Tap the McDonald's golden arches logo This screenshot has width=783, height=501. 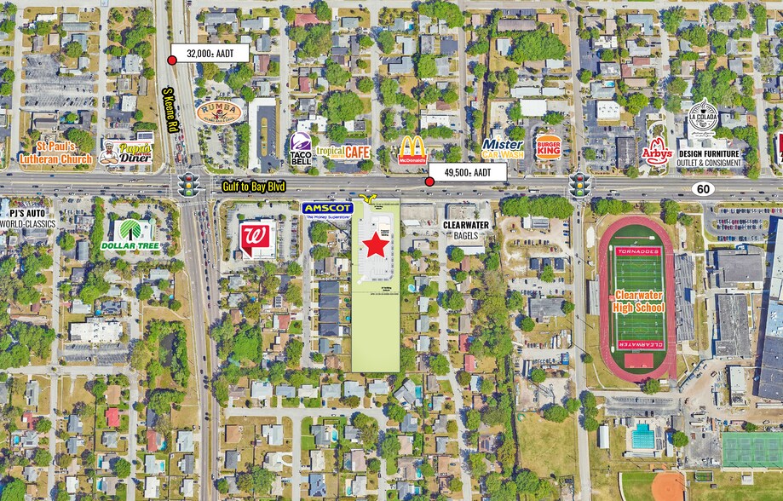tap(413, 149)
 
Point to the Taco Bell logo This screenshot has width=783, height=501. tap(301, 149)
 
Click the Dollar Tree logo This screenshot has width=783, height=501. tap(130, 234)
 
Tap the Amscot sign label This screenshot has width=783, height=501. tap(327, 209)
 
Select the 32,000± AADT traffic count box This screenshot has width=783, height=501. tap(210, 53)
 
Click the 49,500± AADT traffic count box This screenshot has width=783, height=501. tap(468, 172)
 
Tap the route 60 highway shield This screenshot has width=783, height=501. tap(702, 187)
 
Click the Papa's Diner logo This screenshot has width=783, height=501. tap(125, 153)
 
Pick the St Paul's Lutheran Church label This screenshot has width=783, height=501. tap(56, 153)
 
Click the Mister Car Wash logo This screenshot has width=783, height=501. tap(503, 149)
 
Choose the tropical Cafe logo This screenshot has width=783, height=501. tap(343, 152)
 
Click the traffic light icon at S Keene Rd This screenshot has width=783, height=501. tap(187, 184)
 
